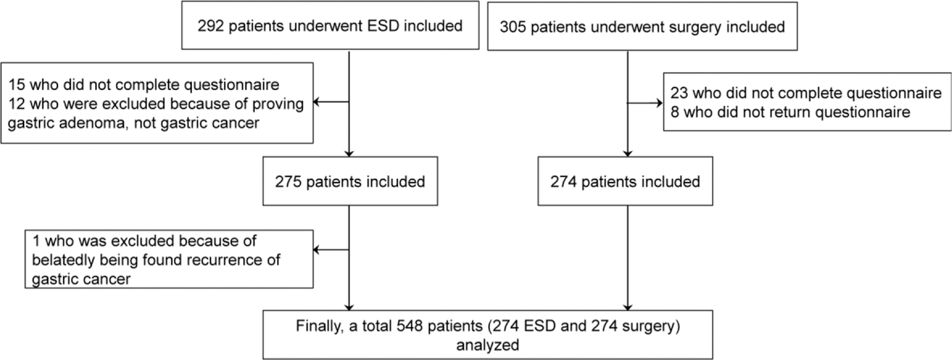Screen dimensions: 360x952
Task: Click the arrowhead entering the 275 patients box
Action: tap(349, 153)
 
